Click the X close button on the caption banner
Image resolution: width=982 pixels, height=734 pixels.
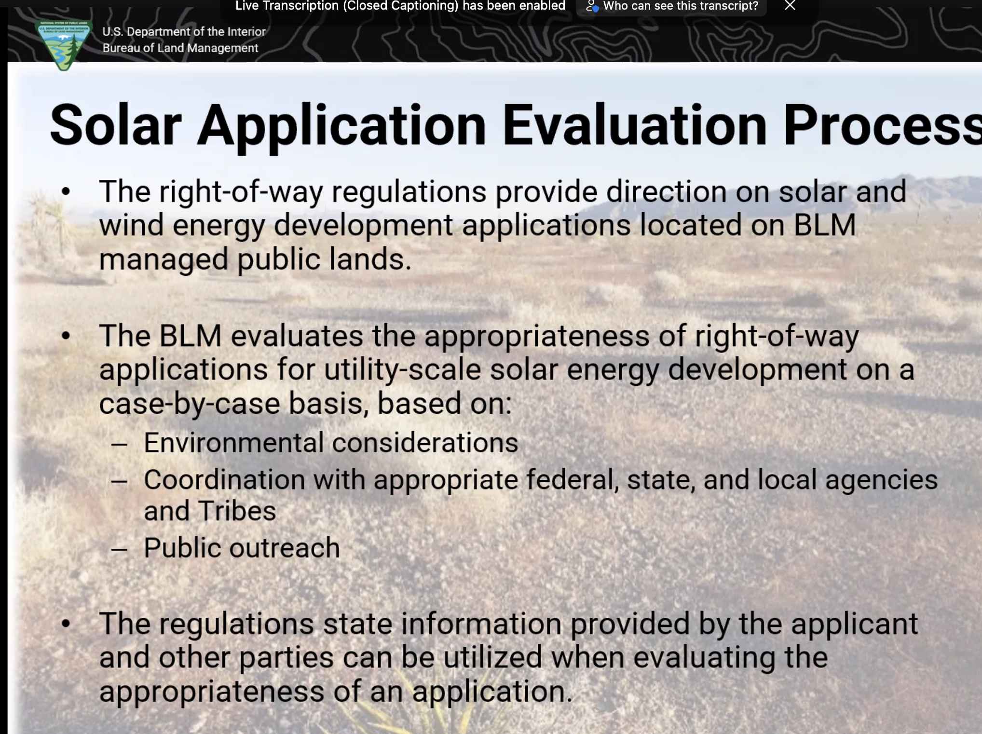790,5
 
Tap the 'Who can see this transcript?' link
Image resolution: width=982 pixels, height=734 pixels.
681,6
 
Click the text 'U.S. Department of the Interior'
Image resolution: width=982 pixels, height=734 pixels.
184,32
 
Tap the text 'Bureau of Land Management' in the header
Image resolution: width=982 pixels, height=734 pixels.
180,48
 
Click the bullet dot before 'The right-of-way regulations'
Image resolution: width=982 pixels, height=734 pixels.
66,191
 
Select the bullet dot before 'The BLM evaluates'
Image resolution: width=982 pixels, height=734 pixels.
66,336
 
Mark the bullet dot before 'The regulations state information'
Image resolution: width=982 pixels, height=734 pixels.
66,624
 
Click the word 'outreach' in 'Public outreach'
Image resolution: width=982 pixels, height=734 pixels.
285,548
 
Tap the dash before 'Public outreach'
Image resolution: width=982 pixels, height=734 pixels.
119,549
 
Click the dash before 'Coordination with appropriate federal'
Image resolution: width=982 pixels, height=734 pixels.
119,481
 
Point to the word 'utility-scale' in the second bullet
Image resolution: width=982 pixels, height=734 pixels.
403,370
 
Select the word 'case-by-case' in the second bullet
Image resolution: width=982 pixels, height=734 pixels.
190,404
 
